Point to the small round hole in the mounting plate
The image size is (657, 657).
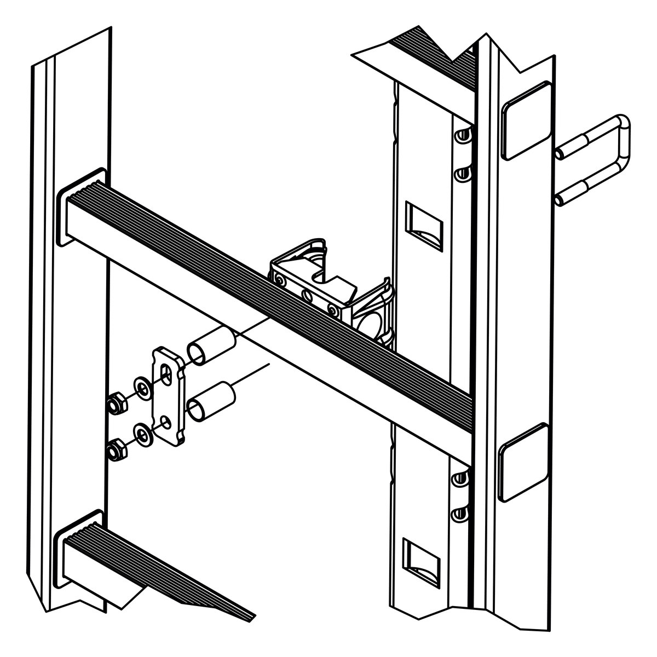pyautogui.click(x=165, y=422)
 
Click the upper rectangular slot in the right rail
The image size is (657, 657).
pyautogui.click(x=423, y=224)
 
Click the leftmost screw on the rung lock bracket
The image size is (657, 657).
pyautogui.click(x=281, y=281)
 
